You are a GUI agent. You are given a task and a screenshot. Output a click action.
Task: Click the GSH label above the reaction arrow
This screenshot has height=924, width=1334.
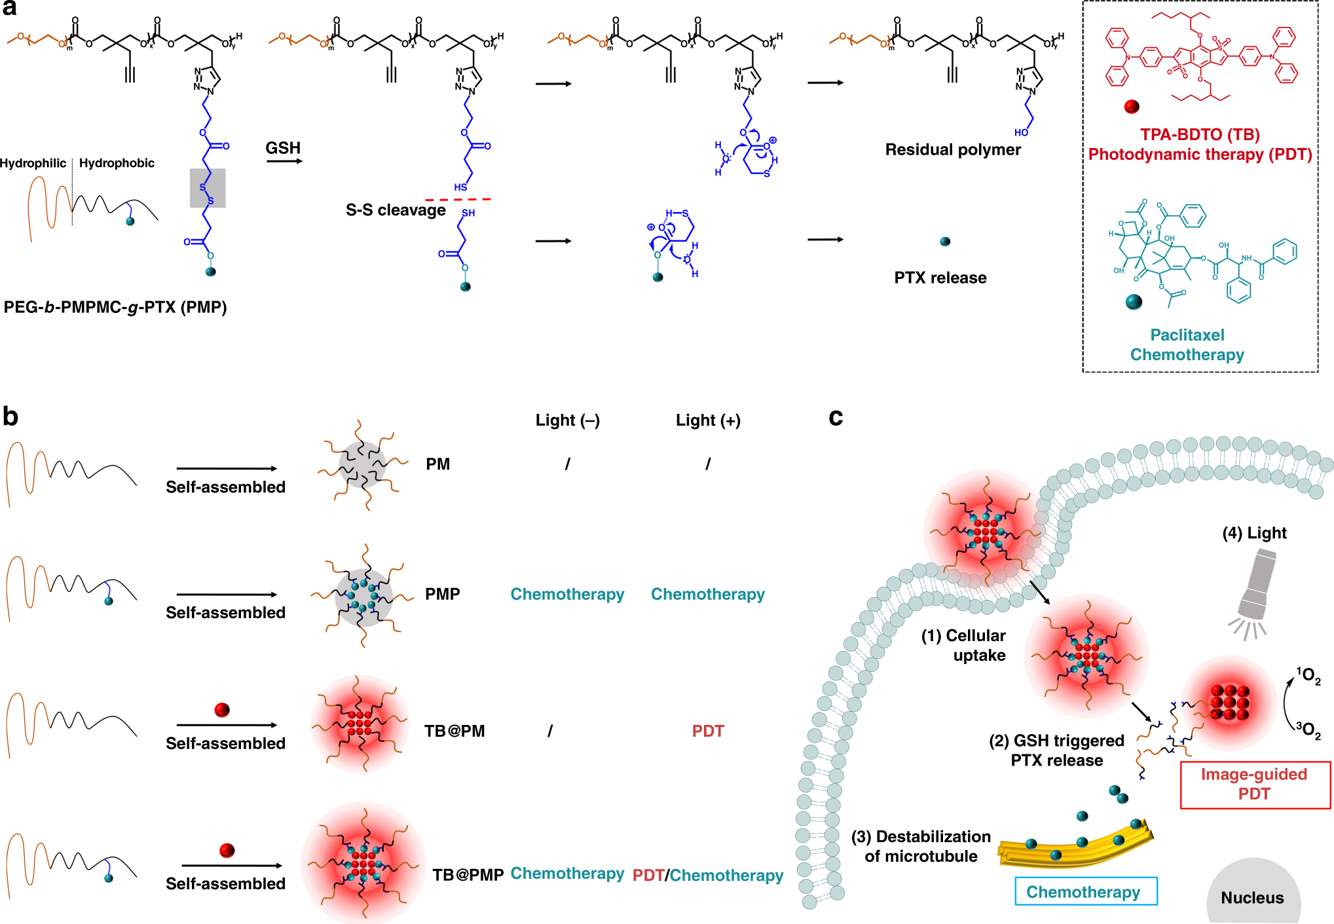[283, 148]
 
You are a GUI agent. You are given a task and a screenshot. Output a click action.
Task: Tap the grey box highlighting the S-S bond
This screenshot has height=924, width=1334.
[208, 188]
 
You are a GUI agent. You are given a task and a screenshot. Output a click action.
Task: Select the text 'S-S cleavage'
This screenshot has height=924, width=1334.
[396, 210]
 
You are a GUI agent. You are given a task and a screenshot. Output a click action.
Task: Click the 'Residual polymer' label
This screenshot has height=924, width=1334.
[953, 150]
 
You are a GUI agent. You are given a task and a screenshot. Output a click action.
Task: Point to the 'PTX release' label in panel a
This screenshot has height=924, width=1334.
[940, 278]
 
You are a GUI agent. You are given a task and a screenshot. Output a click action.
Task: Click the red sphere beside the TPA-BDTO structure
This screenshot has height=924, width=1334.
[1132, 107]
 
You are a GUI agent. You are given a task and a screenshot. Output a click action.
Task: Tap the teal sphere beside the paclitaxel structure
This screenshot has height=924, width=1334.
[1134, 302]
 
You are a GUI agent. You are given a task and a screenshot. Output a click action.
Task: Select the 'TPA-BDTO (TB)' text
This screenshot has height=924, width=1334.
[1200, 135]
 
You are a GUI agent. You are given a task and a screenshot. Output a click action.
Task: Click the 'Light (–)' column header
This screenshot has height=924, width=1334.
[567, 420]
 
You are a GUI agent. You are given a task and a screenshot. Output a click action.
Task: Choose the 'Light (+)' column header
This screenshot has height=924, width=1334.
[708, 420]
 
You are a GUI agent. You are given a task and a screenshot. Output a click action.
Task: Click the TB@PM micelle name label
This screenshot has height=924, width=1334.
[454, 731]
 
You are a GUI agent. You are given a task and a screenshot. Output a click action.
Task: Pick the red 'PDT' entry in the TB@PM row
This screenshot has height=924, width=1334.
[708, 731]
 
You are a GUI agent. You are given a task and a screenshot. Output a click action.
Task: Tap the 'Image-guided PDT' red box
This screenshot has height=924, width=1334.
[1255, 785]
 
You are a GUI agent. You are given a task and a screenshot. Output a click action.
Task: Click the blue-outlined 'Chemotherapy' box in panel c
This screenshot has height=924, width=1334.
[1086, 891]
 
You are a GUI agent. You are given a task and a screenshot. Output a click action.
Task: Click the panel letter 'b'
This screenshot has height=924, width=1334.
[10, 416]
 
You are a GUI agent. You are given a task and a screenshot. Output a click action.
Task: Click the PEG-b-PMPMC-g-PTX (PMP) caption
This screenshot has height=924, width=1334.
[115, 307]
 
